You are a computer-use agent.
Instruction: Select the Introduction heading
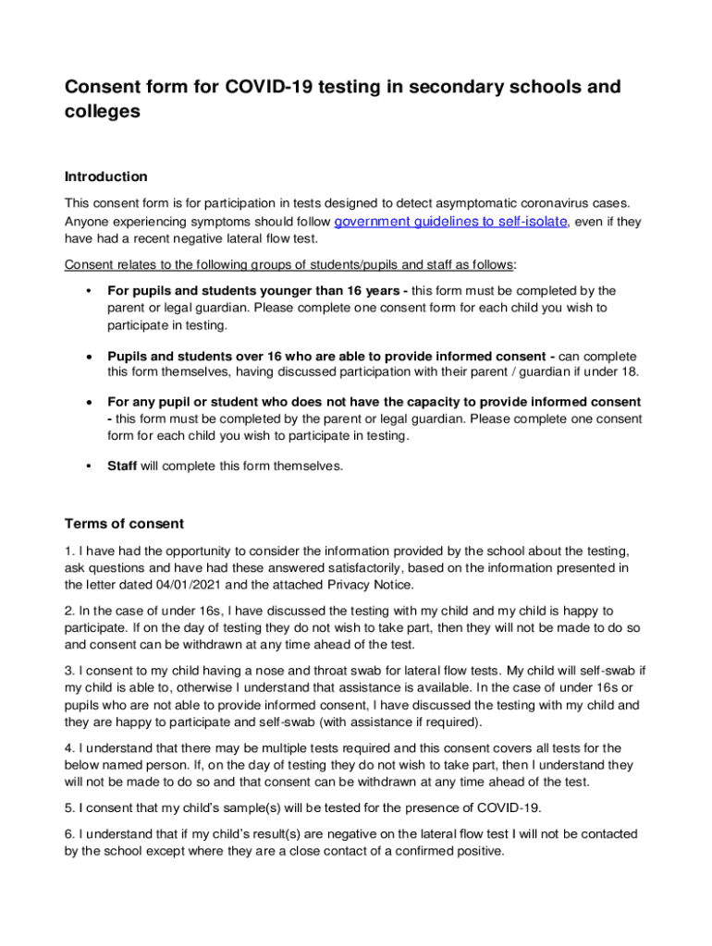tap(105, 176)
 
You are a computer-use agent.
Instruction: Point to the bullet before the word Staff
tap(87, 467)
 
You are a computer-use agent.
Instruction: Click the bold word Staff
tap(122, 467)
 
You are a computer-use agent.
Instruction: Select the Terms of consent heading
tap(124, 524)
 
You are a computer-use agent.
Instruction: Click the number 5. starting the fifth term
tap(69, 807)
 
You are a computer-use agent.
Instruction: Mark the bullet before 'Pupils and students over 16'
tap(87, 357)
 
